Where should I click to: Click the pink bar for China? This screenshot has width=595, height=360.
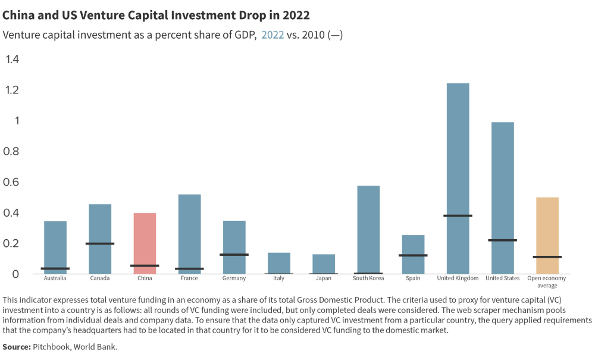[x=145, y=243]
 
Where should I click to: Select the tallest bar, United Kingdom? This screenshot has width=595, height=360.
[x=458, y=179]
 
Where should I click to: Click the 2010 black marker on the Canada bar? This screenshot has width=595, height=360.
[x=100, y=243]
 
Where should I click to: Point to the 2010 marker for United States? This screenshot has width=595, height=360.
[x=502, y=240]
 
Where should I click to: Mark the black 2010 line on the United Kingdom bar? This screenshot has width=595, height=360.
[x=458, y=215]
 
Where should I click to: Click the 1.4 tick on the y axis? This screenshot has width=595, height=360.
[x=12, y=59]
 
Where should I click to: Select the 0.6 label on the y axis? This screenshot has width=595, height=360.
[x=12, y=182]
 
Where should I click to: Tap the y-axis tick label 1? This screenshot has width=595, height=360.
[x=17, y=120]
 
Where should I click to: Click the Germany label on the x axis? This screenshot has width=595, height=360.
[x=234, y=278]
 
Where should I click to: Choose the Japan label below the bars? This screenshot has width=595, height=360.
[x=323, y=278]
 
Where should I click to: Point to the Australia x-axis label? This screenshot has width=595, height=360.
[x=55, y=278]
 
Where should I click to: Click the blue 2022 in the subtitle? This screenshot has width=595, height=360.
[x=273, y=35]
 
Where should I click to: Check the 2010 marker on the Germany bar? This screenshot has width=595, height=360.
[x=234, y=255]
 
